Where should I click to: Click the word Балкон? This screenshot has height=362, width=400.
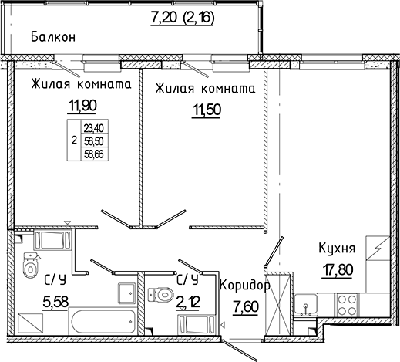pos(52,36)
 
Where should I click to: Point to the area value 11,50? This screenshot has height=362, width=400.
pos(204,109)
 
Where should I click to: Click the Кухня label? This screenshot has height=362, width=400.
pos(336,249)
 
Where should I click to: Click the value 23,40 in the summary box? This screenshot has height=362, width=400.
pos(95,128)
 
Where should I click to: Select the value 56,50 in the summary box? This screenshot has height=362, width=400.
pos(95,141)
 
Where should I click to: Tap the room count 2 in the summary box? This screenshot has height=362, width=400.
pos(73,141)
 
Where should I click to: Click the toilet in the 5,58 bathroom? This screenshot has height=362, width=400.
pos(30,268)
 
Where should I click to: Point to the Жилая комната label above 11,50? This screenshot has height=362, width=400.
pos(205,88)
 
